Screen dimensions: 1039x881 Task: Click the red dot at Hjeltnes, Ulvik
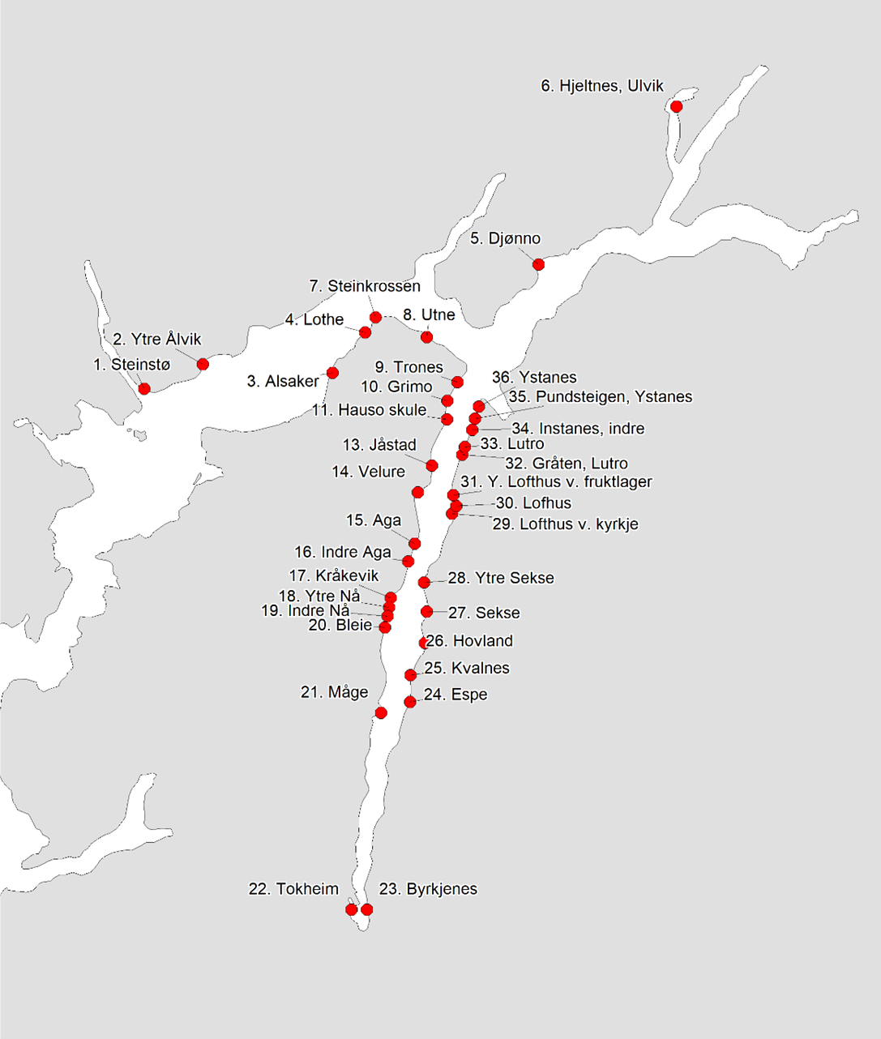point(676,106)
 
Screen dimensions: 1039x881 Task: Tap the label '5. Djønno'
point(505,238)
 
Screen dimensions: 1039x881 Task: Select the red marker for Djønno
point(538,264)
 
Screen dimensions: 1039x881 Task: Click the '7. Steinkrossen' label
point(365,286)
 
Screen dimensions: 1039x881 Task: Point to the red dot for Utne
point(427,337)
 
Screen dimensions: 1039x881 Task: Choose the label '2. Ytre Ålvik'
point(156,340)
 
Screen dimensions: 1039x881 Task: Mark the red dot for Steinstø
point(144,389)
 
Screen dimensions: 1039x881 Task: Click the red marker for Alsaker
point(332,373)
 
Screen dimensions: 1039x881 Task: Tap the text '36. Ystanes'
point(534,378)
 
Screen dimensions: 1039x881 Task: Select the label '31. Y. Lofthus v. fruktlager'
point(556,482)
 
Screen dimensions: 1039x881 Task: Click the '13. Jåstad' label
point(379,445)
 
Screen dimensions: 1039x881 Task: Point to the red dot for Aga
point(415,543)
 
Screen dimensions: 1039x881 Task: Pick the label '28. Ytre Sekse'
point(501,578)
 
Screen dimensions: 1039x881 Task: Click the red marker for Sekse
point(427,612)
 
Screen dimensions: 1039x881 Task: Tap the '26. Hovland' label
point(469,641)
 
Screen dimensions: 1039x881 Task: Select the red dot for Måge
point(381,712)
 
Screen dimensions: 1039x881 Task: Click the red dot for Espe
point(410,702)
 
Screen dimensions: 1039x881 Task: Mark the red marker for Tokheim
point(351,909)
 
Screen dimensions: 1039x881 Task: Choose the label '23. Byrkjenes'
point(428,889)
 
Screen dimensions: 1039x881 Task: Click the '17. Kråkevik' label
point(334,576)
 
